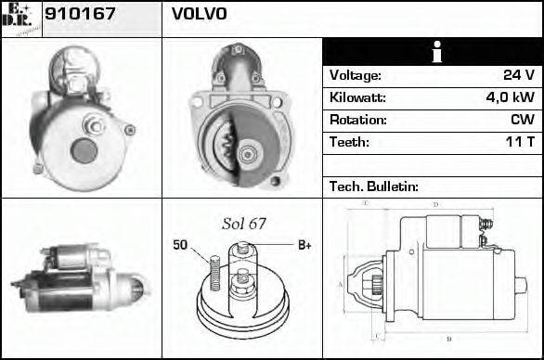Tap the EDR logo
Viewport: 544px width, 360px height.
(20, 18)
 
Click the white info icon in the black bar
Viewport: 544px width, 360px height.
(433, 52)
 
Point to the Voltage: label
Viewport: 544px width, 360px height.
(355, 76)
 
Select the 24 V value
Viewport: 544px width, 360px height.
(517, 76)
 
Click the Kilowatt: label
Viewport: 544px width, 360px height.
(357, 98)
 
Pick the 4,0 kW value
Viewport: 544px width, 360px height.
(509, 98)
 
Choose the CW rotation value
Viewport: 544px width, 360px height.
(521, 121)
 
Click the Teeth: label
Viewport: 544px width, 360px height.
(349, 143)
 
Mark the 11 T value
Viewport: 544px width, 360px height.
(518, 143)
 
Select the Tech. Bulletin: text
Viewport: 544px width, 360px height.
(374, 186)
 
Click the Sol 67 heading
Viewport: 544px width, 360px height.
(244, 224)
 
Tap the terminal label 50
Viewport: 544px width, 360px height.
(180, 245)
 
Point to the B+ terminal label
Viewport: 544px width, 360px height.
(304, 245)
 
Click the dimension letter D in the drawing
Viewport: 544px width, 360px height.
(435, 204)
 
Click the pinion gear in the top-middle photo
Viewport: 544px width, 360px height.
(226, 145)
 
